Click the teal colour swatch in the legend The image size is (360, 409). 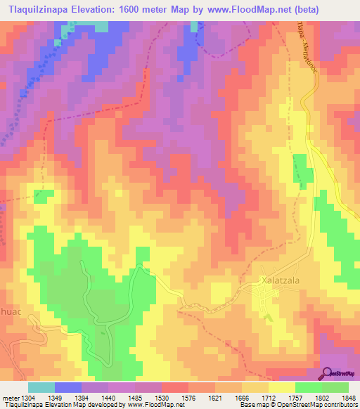pyautogui.click(x=41, y=387)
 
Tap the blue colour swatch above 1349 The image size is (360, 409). pyautogui.click(x=68, y=387)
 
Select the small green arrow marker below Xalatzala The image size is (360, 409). pyautogui.click(x=268, y=316)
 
